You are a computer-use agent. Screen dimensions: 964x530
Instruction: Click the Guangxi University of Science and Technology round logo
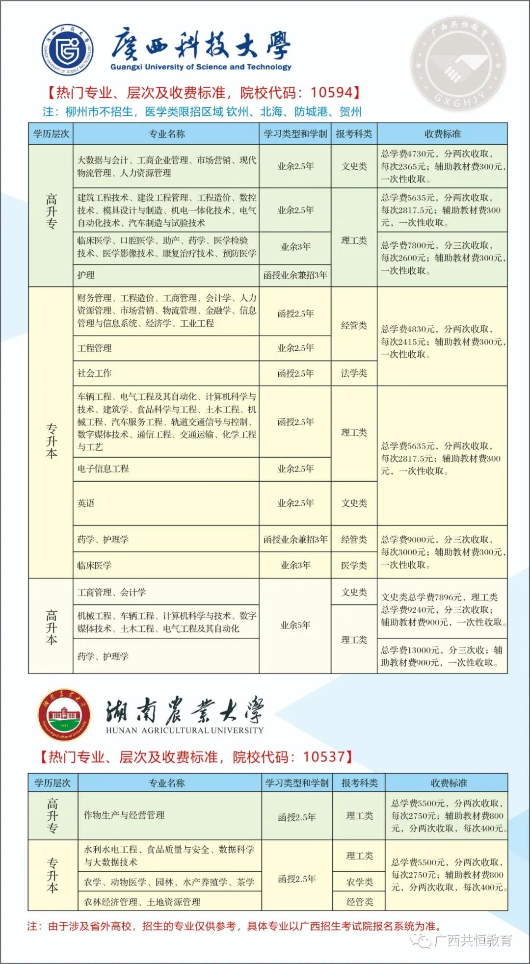click(x=68, y=50)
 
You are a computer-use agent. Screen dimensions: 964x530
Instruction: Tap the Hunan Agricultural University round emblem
click(x=64, y=715)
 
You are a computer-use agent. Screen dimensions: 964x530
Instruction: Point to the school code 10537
click(x=324, y=756)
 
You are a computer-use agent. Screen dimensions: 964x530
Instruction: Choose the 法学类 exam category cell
click(x=354, y=373)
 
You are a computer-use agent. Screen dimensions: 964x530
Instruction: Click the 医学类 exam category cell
click(x=354, y=565)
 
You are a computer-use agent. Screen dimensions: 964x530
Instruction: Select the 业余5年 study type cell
click(x=295, y=625)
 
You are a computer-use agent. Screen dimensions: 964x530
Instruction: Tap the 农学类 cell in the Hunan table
click(x=359, y=882)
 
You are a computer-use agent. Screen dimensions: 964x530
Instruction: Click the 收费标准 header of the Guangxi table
click(x=442, y=134)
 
